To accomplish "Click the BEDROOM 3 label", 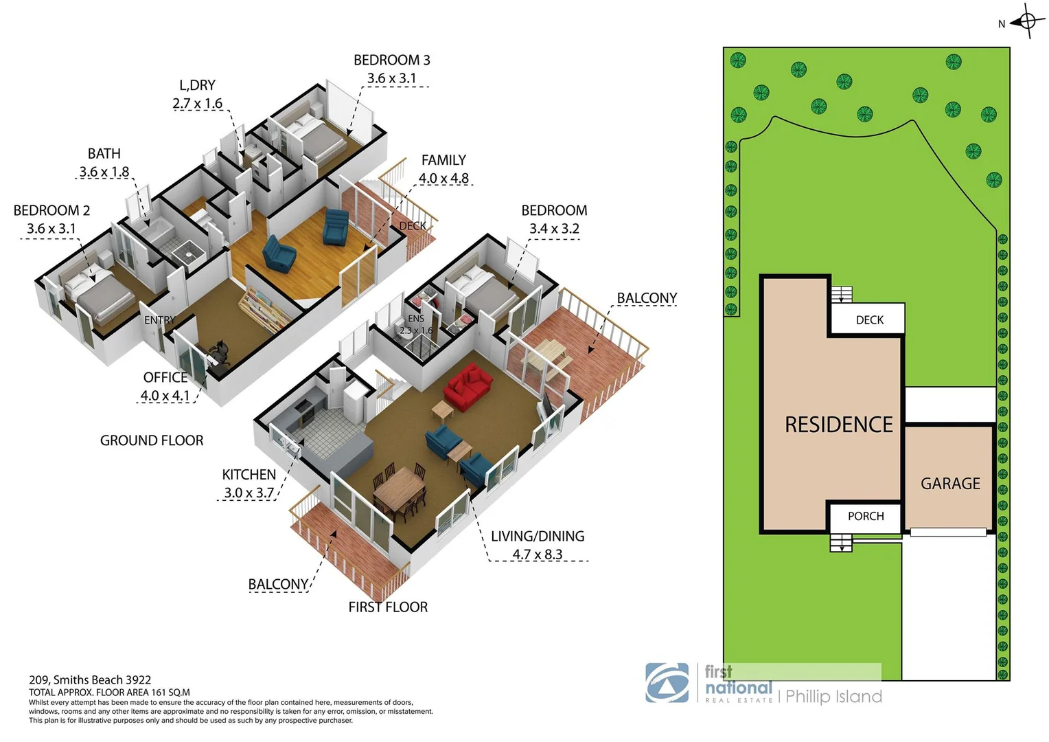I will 391,60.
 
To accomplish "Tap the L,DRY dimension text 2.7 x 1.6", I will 197,104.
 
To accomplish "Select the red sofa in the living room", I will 468,387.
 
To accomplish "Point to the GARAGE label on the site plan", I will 950,484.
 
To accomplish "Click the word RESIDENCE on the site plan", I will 838,425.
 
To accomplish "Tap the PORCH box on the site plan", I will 865,517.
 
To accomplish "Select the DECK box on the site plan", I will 868,320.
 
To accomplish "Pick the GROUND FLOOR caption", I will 152,440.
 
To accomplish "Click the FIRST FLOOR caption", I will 388,607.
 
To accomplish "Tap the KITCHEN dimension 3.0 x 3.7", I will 249,493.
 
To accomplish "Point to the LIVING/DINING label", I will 538,537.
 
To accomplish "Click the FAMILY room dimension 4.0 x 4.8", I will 443,179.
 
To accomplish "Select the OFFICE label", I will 165,377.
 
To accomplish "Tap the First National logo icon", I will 667,683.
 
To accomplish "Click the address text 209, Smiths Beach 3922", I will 90,680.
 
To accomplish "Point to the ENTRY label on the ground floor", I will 159,320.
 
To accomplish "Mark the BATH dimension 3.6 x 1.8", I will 104,172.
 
